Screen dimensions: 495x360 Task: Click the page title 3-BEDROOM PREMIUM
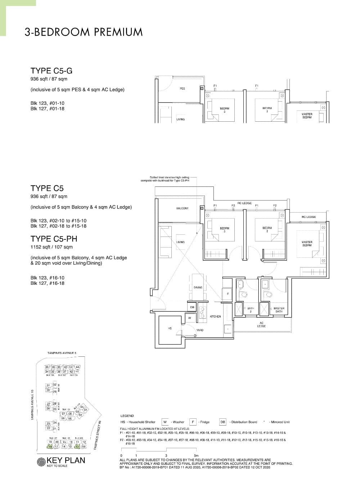click(x=84, y=32)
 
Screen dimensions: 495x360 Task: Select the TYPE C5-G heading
click(x=51, y=71)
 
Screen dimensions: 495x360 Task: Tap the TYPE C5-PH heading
click(x=54, y=239)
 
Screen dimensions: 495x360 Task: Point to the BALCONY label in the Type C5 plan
click(x=182, y=208)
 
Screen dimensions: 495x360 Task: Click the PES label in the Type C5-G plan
click(x=182, y=89)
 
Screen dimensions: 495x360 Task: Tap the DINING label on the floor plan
click(x=198, y=287)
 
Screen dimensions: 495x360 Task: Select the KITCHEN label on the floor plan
click(x=215, y=316)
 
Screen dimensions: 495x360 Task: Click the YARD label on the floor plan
click(x=200, y=330)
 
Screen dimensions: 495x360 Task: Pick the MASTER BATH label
click(x=279, y=310)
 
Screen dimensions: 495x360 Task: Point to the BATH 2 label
click(x=251, y=310)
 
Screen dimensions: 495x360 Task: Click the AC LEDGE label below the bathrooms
click(x=261, y=324)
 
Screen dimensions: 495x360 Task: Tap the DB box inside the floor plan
click(x=192, y=307)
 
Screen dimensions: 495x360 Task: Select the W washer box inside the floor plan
click(x=189, y=318)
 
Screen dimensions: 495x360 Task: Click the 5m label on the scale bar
click(x=196, y=456)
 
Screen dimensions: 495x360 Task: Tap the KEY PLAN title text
click(x=66, y=460)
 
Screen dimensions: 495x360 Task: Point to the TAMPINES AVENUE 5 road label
click(x=62, y=353)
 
